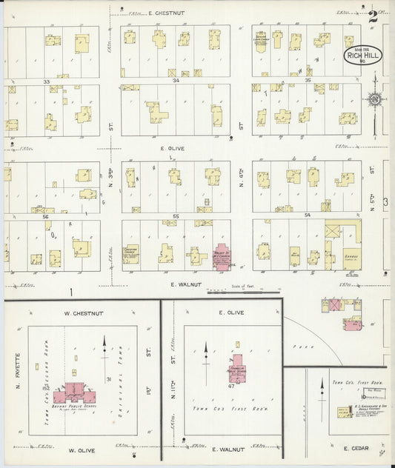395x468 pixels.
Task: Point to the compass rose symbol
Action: click(x=374, y=99)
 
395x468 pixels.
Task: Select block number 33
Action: click(x=46, y=81)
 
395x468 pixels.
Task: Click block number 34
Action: click(x=176, y=81)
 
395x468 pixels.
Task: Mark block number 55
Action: click(x=176, y=215)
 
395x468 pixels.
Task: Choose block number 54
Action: click(x=308, y=215)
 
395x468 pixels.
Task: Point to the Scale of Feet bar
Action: click(x=239, y=292)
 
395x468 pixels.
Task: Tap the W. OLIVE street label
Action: click(x=84, y=449)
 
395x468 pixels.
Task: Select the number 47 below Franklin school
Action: click(x=231, y=386)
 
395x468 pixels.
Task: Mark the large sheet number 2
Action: click(x=373, y=13)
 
